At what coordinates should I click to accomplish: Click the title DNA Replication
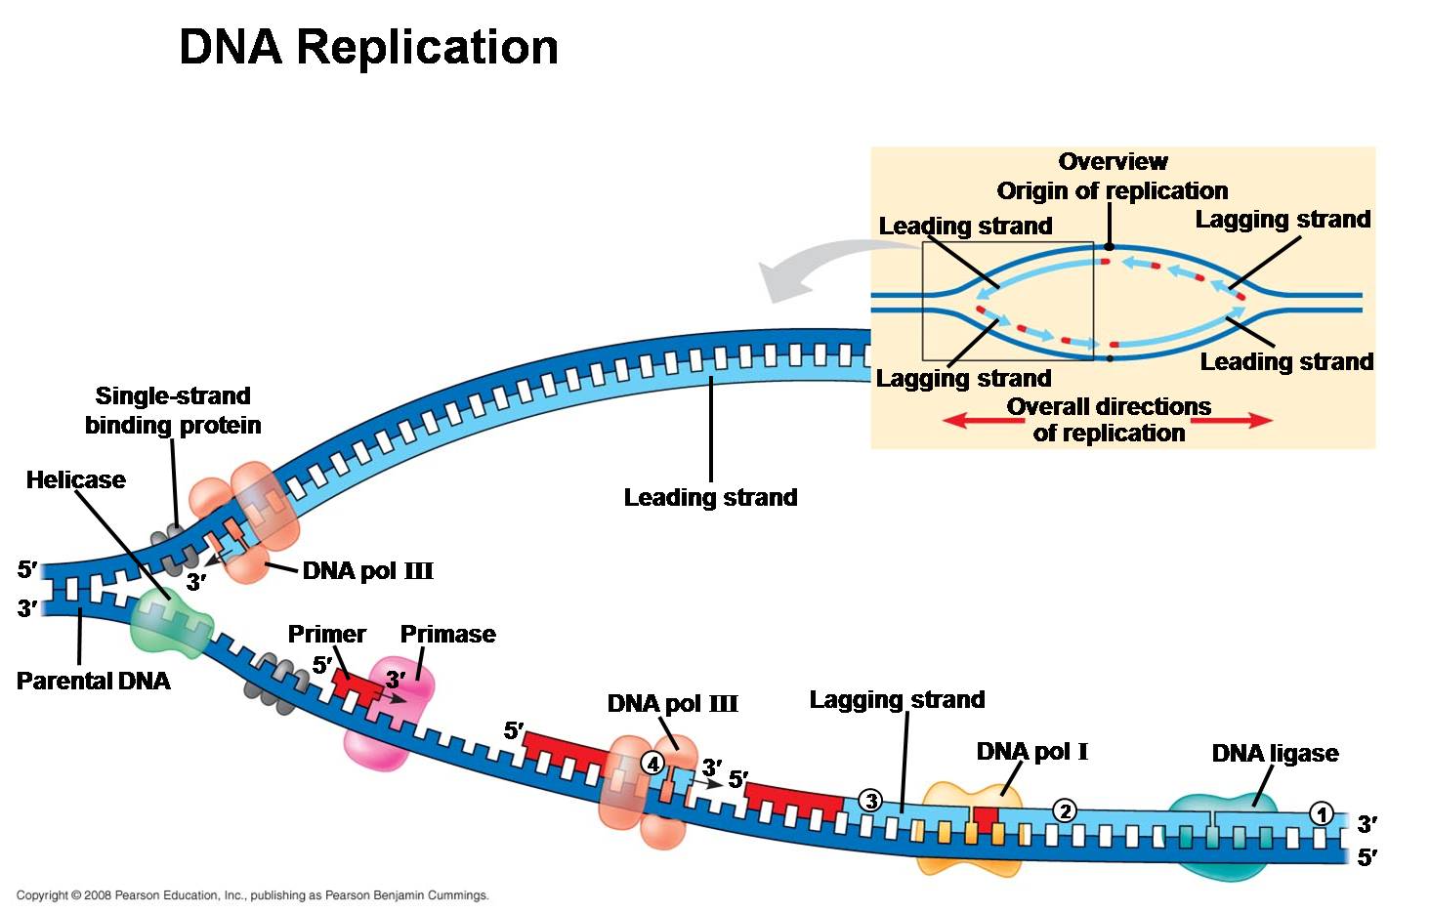(x=368, y=47)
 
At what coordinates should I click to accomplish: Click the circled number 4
(x=652, y=764)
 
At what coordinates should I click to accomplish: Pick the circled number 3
(x=869, y=801)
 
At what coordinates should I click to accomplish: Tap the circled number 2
(x=1064, y=809)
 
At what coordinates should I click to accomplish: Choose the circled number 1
(x=1321, y=813)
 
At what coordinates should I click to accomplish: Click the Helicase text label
(x=75, y=479)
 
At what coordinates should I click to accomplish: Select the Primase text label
(x=447, y=634)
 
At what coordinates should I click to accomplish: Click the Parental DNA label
(x=93, y=681)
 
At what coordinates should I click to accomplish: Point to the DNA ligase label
(x=1275, y=753)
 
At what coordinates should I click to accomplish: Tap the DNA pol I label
(x=1031, y=751)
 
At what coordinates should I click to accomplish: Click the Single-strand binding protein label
(x=173, y=410)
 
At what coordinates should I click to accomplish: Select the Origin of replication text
(x=1112, y=190)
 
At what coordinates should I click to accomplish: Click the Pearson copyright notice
(x=252, y=895)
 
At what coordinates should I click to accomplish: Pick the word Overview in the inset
(x=1113, y=161)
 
